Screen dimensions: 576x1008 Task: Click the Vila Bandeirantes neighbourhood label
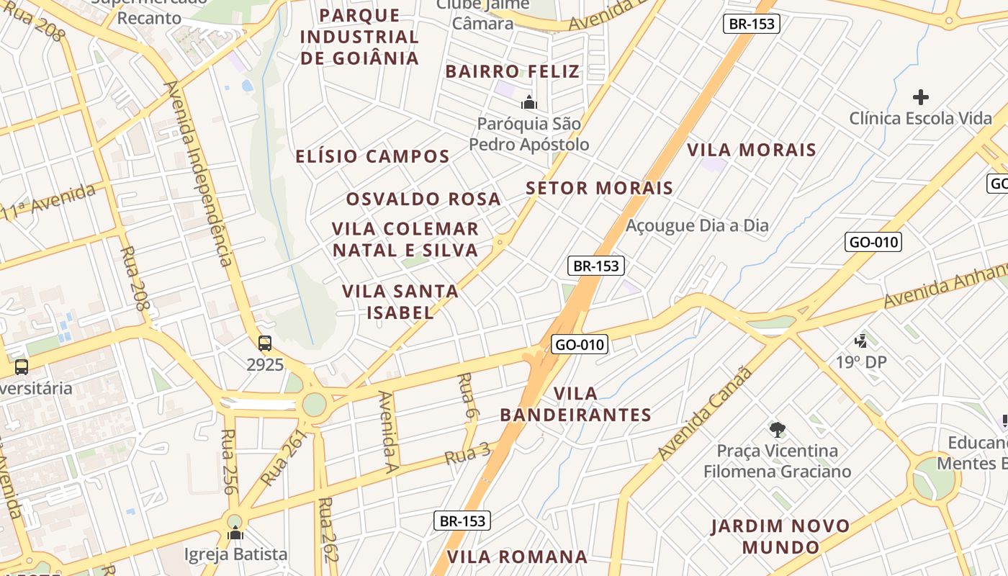576,404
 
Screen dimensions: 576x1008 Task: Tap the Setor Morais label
599,189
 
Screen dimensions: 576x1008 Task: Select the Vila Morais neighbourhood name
752,150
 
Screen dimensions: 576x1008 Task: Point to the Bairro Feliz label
513,71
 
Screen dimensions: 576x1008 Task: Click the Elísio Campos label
373,156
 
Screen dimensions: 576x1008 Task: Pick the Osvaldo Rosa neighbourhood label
423,199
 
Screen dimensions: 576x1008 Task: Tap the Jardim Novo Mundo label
780,536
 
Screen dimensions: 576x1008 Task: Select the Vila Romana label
517,557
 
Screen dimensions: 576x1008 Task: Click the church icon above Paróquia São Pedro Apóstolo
529,103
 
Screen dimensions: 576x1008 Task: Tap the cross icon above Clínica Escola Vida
920,97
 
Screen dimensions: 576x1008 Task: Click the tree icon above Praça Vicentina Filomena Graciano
777,430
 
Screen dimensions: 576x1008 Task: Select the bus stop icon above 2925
265,343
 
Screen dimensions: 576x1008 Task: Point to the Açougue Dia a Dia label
697,225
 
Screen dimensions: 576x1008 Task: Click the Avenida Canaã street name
706,414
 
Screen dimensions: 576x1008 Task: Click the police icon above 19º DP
861,341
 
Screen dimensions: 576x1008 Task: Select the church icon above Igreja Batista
235,534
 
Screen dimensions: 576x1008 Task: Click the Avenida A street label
388,428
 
